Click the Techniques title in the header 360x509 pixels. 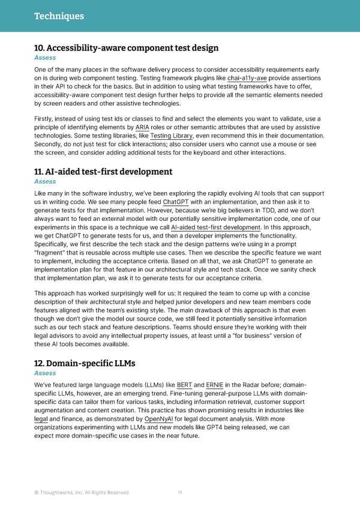[x=59, y=16]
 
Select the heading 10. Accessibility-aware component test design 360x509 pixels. [x=126, y=48]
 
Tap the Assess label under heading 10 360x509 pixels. [x=45, y=58]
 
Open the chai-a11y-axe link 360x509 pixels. [x=247, y=79]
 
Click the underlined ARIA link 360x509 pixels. [x=143, y=127]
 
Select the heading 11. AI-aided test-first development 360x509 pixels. [x=103, y=172]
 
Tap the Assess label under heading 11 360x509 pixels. [x=45, y=181]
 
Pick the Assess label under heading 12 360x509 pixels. [x=45, y=373]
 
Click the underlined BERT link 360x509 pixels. [x=185, y=385]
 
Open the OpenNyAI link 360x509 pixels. [x=158, y=418]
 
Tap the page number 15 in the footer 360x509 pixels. [x=180, y=493]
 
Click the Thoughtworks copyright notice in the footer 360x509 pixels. [x=82, y=493]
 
